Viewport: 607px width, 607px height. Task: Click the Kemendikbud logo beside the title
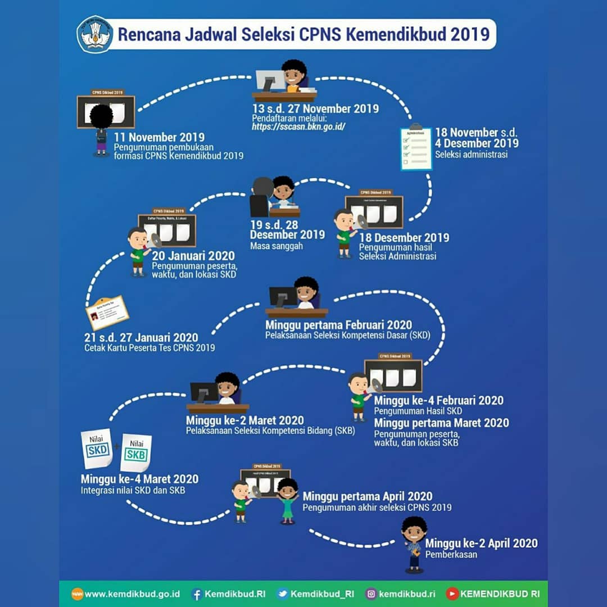(x=94, y=34)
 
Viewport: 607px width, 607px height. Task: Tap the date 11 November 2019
(x=159, y=137)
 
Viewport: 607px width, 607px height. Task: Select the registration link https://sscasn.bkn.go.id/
(x=298, y=126)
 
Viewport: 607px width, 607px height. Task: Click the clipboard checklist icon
(x=416, y=147)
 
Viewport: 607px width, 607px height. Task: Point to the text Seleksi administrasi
(x=471, y=154)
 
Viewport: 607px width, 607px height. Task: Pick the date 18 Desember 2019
(x=404, y=237)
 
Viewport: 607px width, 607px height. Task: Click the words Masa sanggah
(x=277, y=246)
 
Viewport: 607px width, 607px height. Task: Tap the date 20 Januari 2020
(x=193, y=256)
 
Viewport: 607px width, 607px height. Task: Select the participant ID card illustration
(x=107, y=313)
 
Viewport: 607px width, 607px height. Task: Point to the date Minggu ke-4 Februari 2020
(x=438, y=401)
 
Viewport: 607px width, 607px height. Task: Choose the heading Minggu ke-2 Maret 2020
(x=244, y=420)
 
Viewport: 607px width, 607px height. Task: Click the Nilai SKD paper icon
(x=97, y=448)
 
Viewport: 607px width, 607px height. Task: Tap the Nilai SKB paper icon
(x=136, y=452)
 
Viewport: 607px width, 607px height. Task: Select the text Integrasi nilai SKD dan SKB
(x=133, y=490)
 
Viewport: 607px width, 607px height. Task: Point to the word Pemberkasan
(x=451, y=554)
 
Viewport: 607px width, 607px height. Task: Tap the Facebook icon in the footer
(x=197, y=594)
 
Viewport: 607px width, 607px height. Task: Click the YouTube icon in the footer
(x=452, y=594)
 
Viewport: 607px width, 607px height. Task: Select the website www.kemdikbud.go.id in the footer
(x=132, y=594)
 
